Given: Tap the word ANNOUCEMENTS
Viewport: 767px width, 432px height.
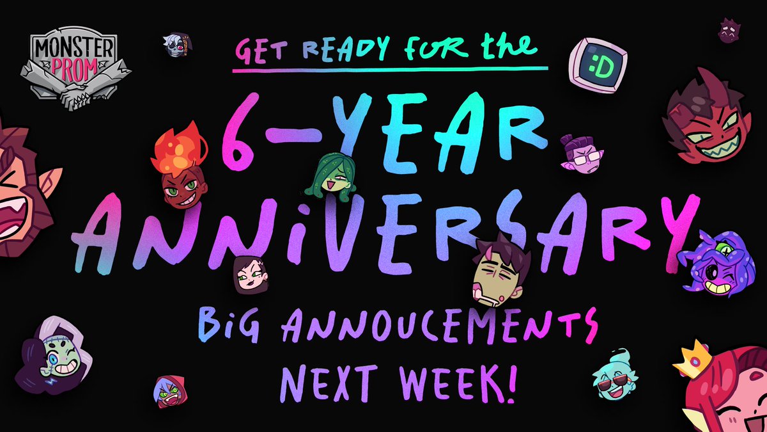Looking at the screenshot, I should (422, 323).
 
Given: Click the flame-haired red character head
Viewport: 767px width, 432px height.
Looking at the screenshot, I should (179, 170).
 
